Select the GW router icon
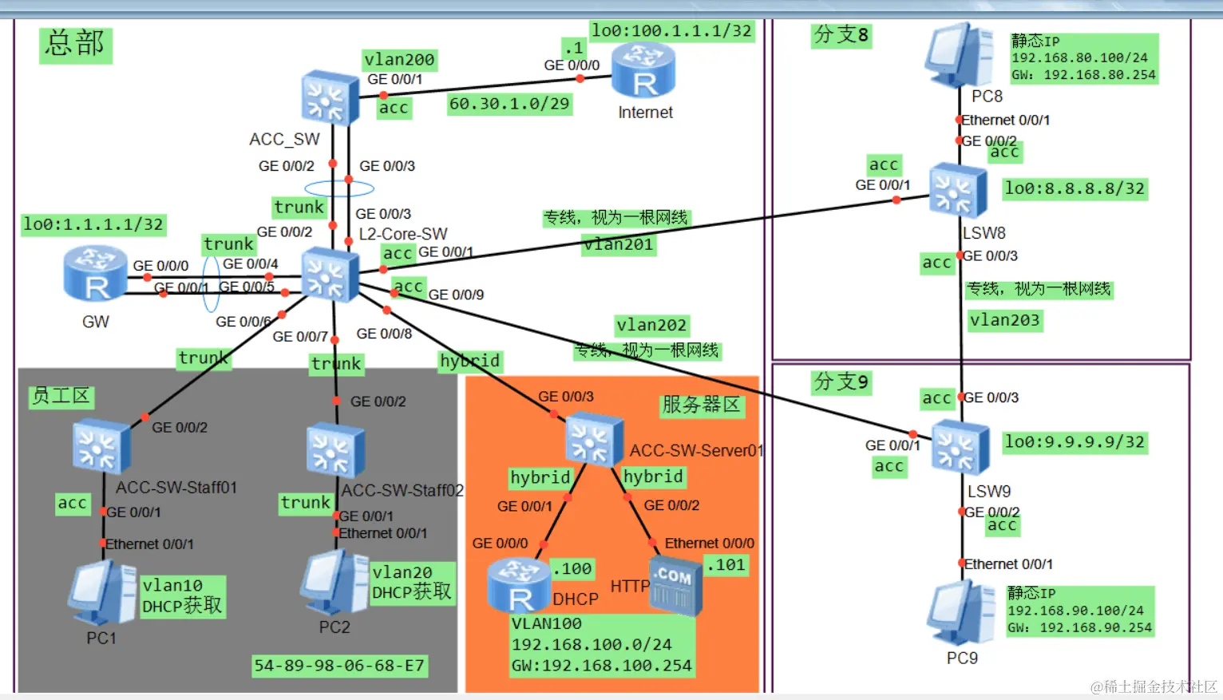click(96, 274)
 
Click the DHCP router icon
click(519, 585)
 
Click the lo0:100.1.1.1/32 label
click(671, 31)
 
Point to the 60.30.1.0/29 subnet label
click(509, 104)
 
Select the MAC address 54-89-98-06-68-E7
click(339, 666)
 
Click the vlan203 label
click(1004, 320)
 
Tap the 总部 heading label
click(75, 44)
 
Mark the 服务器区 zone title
click(702, 405)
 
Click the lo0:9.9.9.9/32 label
click(1075, 442)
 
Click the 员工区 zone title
click(61, 396)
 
